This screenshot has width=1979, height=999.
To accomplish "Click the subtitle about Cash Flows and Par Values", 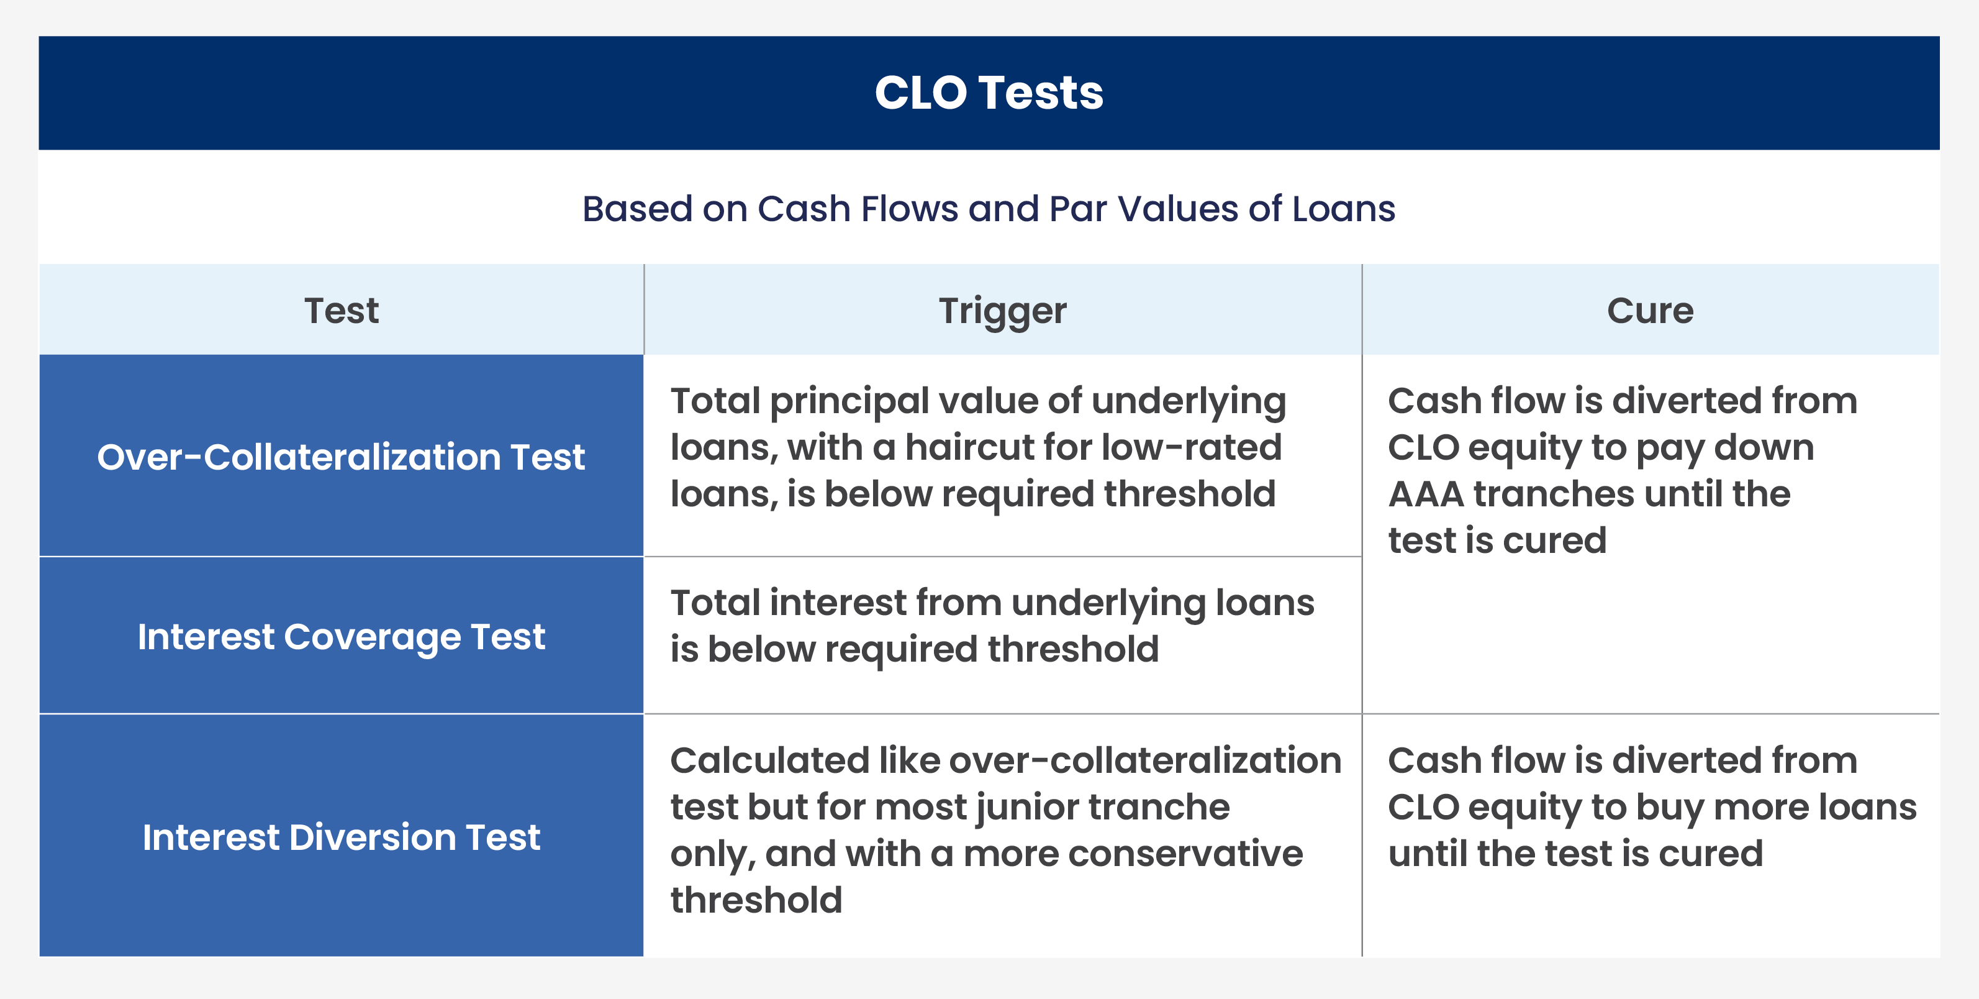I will [x=989, y=209].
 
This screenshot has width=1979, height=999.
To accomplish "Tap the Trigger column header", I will [x=1003, y=311].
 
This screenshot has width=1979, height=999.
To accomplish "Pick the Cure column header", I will [x=1650, y=311].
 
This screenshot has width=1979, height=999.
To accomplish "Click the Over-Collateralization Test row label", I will [x=341, y=457].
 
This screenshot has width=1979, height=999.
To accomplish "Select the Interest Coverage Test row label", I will [x=341, y=637].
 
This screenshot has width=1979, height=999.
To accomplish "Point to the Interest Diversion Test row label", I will [x=341, y=837].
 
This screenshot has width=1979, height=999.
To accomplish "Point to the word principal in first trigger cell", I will [x=848, y=402].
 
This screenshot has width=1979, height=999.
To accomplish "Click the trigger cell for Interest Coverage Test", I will [x=991, y=626].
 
